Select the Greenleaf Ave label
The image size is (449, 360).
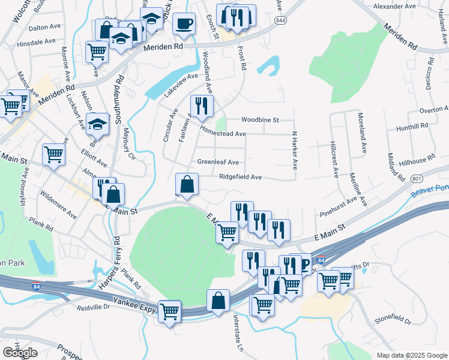[218, 162]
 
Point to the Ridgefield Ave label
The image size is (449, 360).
[240, 177]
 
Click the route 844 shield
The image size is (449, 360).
[280, 20]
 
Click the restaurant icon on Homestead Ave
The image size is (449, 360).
[202, 107]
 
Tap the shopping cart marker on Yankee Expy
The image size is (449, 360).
[170, 311]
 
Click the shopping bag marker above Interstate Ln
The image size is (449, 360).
[218, 300]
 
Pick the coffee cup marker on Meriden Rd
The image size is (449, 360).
[184, 24]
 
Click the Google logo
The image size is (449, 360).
[20, 352]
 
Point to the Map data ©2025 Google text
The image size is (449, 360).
[412, 355]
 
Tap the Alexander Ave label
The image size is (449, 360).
[394, 6]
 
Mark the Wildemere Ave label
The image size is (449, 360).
[58, 205]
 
